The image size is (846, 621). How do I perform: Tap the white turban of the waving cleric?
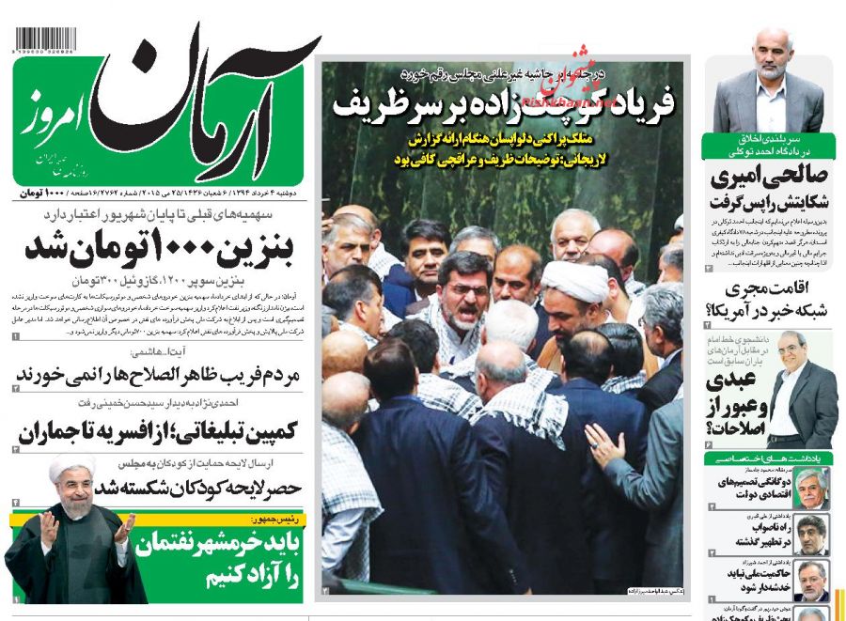tap(71, 467)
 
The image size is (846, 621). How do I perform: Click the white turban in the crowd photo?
tap(573, 279)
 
